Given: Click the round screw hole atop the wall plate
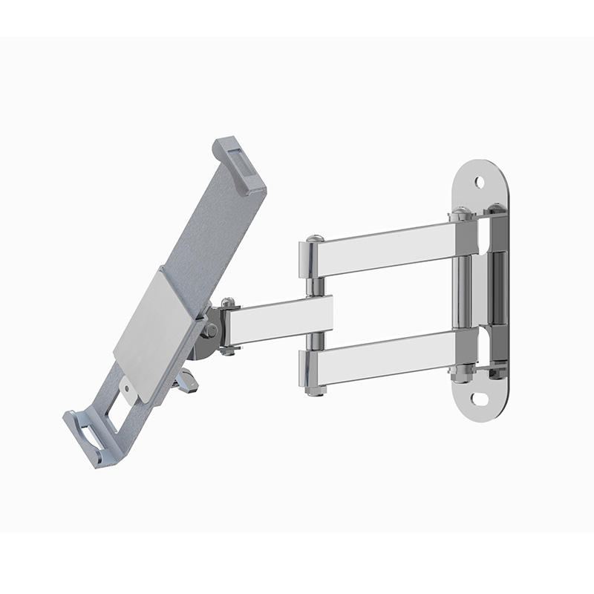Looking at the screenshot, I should coord(480,181).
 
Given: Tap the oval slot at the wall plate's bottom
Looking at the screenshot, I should coord(480,399).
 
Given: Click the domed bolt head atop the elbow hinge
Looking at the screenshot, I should coord(315,239).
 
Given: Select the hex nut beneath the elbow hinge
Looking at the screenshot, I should coord(315,389).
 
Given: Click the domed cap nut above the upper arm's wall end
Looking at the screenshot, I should coord(461,213).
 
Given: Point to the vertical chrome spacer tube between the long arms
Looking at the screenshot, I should coord(463,293).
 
